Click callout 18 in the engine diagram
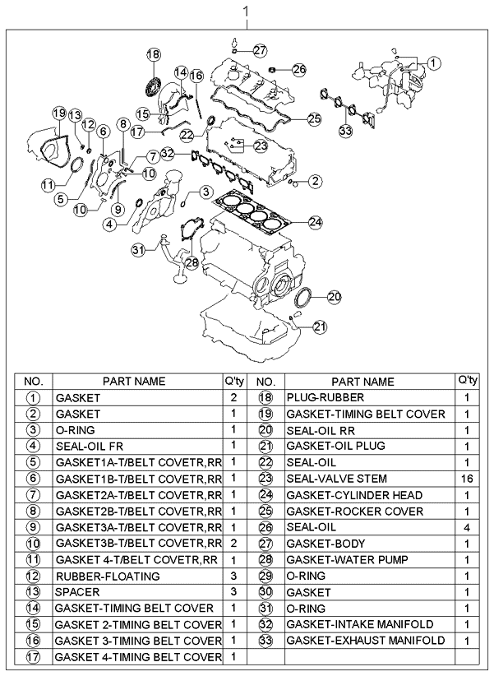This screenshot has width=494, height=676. tap(153, 54)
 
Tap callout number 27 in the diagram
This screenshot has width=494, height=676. tap(260, 50)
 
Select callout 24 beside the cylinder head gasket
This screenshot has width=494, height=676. tap(315, 221)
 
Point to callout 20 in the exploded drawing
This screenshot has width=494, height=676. tap(333, 297)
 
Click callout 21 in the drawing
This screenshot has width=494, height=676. tap(319, 326)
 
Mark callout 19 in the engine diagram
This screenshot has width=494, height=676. tap(58, 112)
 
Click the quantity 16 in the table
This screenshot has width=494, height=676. tap(467, 479)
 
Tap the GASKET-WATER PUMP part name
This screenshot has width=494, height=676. tap(335, 559)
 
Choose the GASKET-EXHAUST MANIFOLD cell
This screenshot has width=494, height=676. tap(365, 640)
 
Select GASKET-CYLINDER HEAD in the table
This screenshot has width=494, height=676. tap(353, 495)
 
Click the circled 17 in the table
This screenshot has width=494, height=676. tap(34, 656)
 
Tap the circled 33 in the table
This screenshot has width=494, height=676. tap(265, 641)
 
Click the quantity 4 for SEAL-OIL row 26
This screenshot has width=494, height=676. tap(467, 527)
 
